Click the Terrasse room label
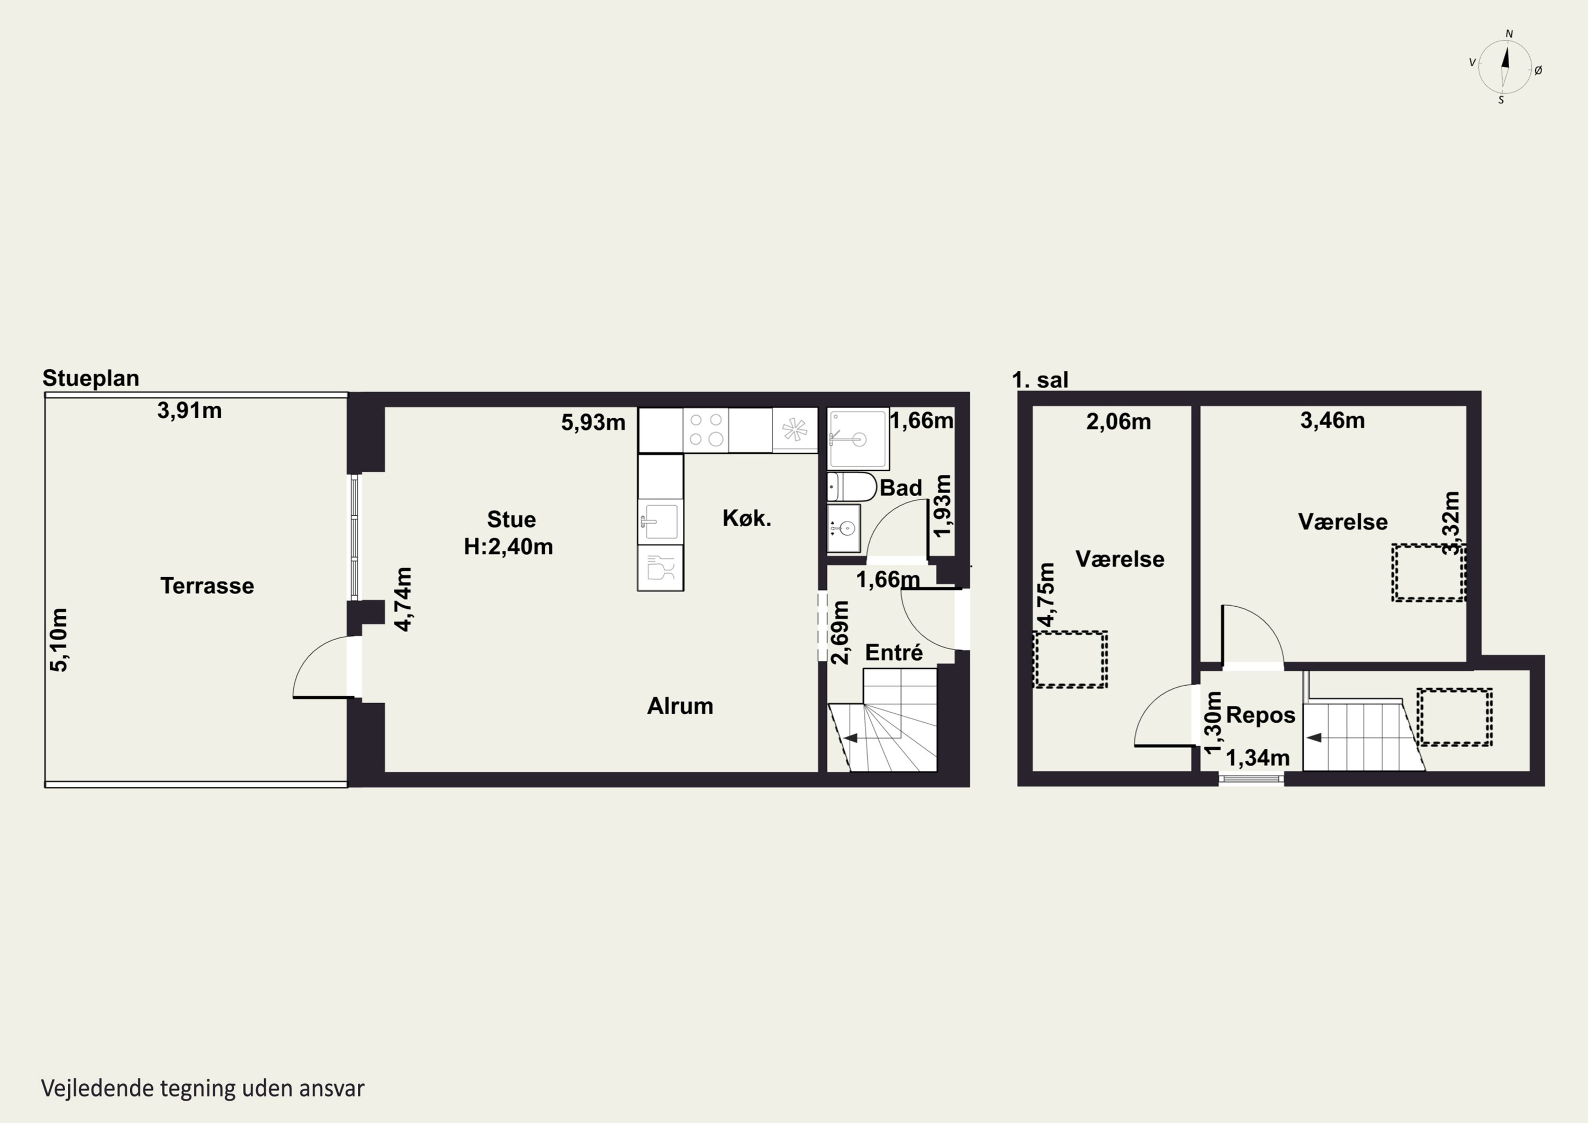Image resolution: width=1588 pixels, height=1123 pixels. tap(207, 586)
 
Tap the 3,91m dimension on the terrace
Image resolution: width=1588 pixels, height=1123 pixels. tap(190, 411)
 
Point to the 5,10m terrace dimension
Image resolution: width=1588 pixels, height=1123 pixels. tap(59, 640)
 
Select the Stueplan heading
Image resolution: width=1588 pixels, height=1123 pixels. tap(91, 379)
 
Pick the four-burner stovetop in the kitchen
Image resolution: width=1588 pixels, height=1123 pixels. tap(706, 430)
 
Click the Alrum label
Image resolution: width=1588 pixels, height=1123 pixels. tap(680, 706)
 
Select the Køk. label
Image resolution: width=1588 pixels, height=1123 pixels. tap(747, 518)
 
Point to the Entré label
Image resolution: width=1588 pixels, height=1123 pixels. tap(894, 652)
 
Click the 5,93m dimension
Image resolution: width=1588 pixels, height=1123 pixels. tap(593, 422)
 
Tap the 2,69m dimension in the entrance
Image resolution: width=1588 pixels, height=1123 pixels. tap(840, 632)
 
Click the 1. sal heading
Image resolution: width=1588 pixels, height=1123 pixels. tap(1040, 380)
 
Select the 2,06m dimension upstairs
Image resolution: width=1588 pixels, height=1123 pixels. tap(1118, 421)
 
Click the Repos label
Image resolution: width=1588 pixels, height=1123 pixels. tap(1260, 715)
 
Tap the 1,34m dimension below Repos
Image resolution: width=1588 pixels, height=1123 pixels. tap(1258, 758)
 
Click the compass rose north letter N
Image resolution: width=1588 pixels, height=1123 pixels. tap(1510, 34)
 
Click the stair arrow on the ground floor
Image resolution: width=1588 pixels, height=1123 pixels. tap(851, 738)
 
